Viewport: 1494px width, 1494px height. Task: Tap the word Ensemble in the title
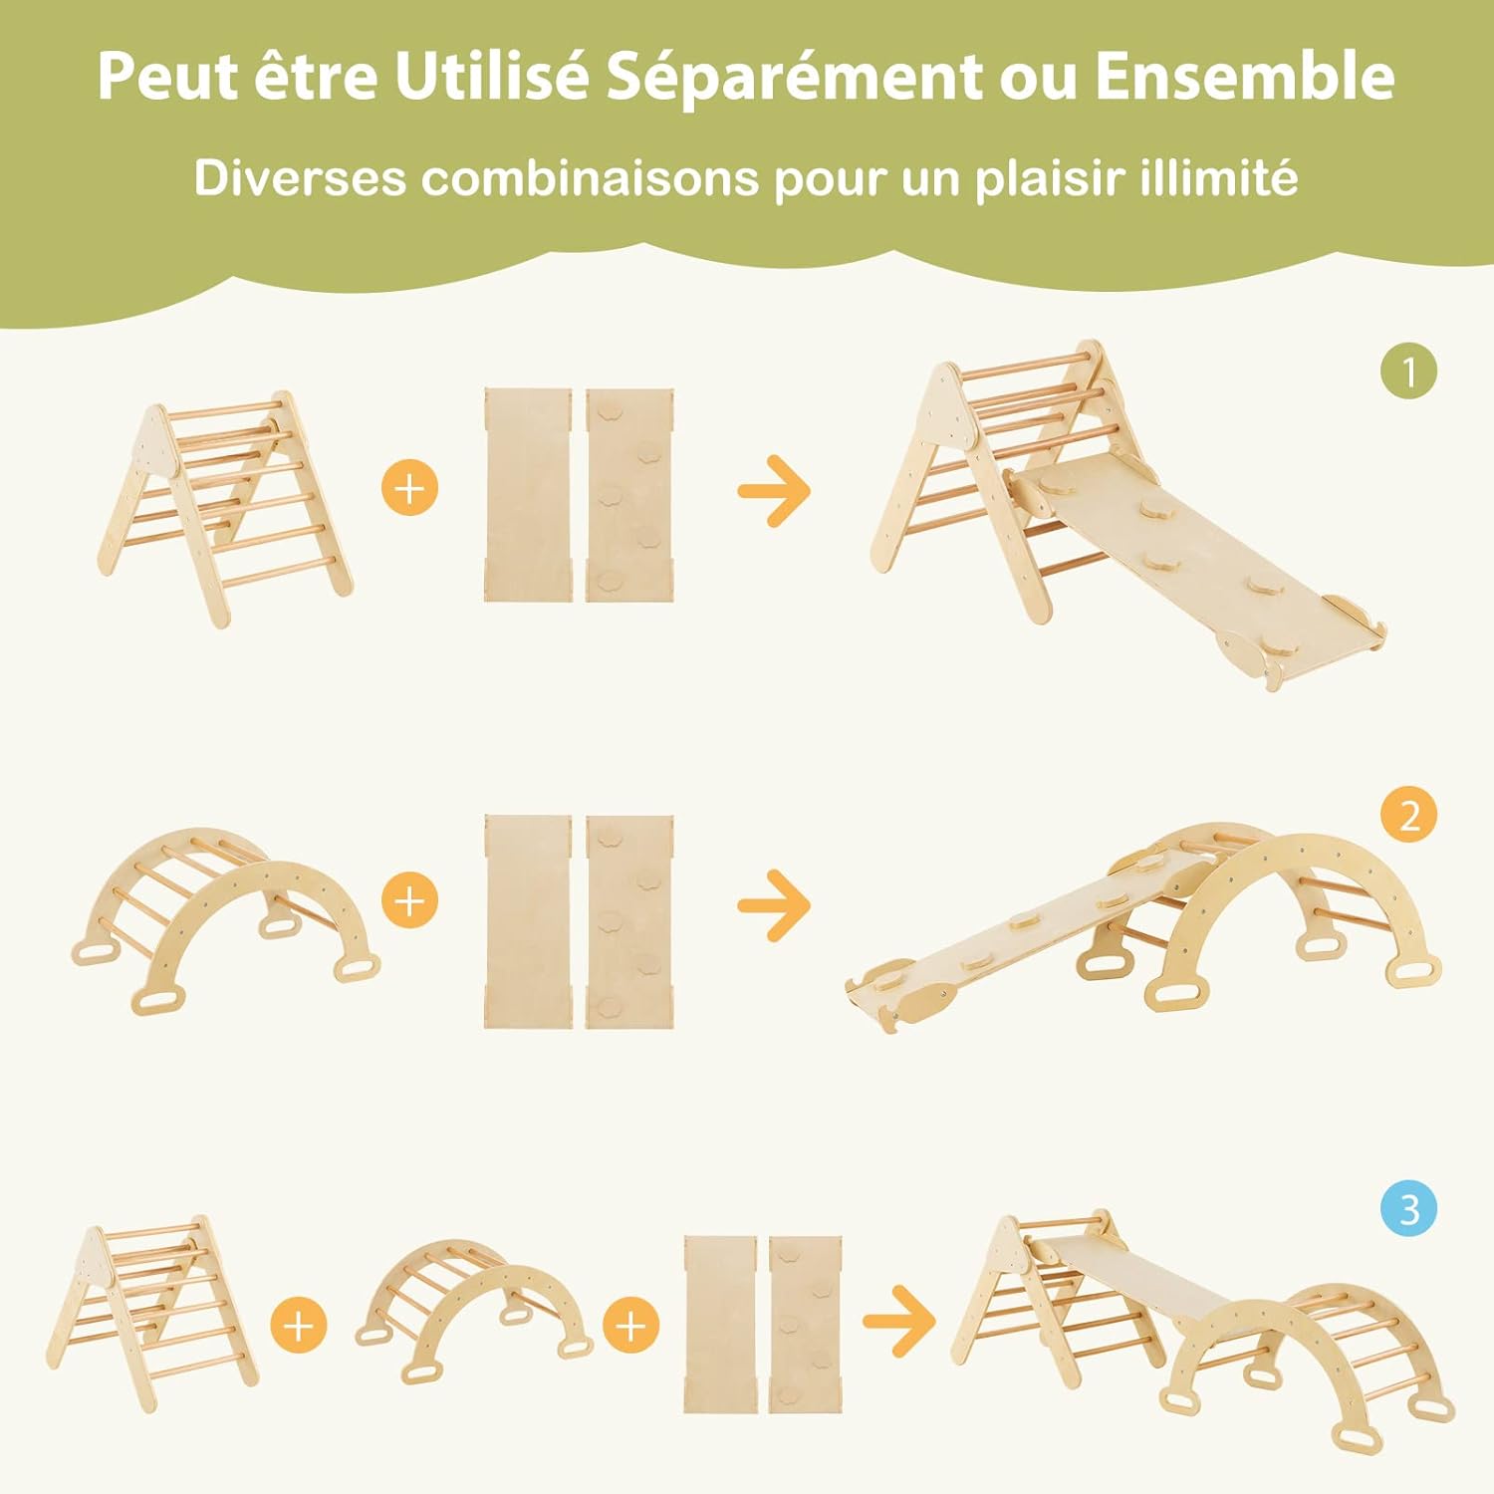click(1245, 76)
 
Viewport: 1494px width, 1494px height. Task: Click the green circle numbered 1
click(1408, 372)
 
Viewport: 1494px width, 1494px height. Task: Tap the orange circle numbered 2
click(1408, 815)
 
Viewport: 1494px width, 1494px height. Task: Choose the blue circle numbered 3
click(1408, 1210)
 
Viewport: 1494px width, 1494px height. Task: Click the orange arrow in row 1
click(775, 490)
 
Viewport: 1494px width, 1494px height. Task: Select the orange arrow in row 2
click(775, 904)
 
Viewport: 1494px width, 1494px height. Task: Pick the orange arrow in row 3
click(899, 1321)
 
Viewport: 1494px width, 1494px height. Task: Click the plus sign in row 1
click(409, 487)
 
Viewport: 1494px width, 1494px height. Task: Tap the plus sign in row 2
click(409, 901)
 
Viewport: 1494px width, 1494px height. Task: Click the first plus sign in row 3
click(299, 1326)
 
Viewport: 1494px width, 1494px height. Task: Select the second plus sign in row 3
click(631, 1326)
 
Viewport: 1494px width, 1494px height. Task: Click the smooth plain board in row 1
click(529, 495)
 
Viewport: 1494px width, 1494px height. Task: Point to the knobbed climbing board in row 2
click(629, 921)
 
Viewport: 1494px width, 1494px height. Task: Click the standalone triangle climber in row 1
click(225, 508)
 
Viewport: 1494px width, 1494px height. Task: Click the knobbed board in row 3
click(805, 1325)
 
